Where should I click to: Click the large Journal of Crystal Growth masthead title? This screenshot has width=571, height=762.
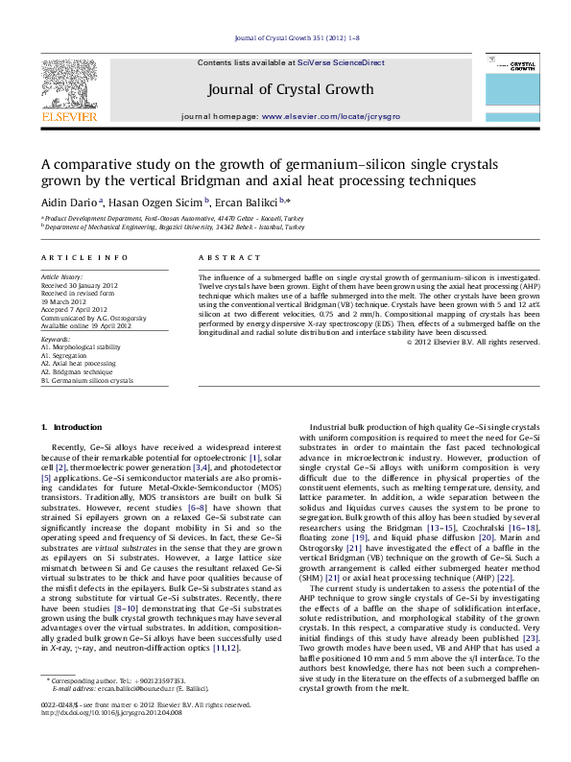(290, 89)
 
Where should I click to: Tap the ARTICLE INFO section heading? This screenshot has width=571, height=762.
(84, 258)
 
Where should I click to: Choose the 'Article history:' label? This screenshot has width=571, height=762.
(63, 275)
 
